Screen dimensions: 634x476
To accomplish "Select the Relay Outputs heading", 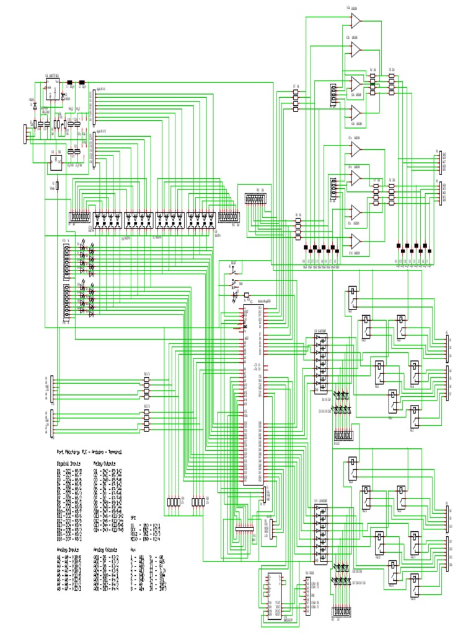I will (104, 462).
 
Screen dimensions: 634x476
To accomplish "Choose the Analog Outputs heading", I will (105, 549).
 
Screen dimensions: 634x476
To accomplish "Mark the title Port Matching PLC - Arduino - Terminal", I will (89, 453).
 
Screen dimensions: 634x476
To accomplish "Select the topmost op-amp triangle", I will (356, 22).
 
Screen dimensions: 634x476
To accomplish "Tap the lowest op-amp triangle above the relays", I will (356, 240).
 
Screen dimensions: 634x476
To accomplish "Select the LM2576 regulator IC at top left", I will (52, 91).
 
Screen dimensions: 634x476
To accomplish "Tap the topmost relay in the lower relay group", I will (352, 467).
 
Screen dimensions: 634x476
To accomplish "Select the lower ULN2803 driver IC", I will (319, 533).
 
